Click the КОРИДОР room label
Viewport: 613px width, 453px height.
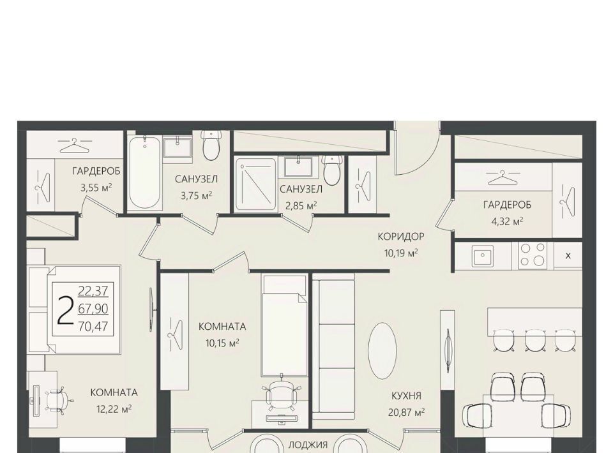pyautogui.click(x=401, y=236)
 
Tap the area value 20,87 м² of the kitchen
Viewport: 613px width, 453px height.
pyautogui.click(x=406, y=412)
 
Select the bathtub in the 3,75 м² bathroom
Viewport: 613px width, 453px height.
pyautogui.click(x=145, y=173)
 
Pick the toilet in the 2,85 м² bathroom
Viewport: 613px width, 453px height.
pyautogui.click(x=332, y=170)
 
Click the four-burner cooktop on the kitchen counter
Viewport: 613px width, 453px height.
pyautogui.click(x=533, y=255)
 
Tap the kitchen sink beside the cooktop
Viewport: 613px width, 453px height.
pyautogui.click(x=483, y=256)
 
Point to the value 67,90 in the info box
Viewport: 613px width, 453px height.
pyautogui.click(x=93, y=309)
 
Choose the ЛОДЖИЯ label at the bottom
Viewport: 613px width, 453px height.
pyautogui.click(x=308, y=445)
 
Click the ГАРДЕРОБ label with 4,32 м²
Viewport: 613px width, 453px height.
pyautogui.click(x=507, y=205)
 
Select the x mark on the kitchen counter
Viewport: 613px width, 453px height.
pyautogui.click(x=568, y=256)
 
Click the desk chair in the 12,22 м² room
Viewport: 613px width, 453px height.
pyautogui.click(x=59, y=399)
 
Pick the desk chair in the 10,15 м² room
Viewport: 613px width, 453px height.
pyautogui.click(x=282, y=392)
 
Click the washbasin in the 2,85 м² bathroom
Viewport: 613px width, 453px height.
pyautogui.click(x=298, y=167)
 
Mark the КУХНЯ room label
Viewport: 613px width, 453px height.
pyautogui.click(x=406, y=396)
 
